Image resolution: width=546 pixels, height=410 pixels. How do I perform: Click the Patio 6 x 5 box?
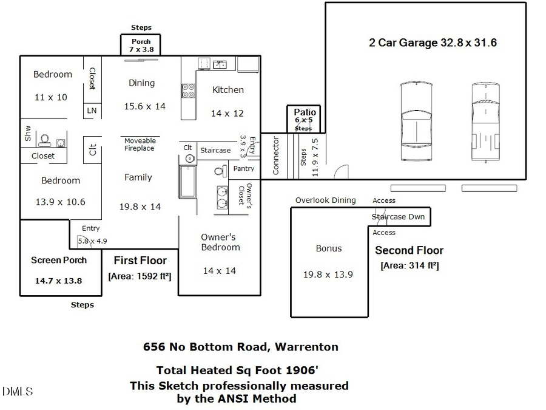(x=305, y=118)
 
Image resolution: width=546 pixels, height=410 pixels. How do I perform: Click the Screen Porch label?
(x=59, y=260)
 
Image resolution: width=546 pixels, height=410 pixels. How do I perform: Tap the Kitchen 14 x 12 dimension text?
(x=227, y=113)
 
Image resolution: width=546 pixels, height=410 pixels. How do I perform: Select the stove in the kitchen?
(x=188, y=91)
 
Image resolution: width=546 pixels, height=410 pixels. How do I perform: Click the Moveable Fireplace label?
(x=140, y=145)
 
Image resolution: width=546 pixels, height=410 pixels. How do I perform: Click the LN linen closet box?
(x=92, y=111)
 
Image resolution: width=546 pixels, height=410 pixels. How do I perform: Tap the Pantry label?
(x=243, y=168)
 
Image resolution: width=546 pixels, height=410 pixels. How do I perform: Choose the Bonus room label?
(x=328, y=248)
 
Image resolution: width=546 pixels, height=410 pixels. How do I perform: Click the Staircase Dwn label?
(x=398, y=216)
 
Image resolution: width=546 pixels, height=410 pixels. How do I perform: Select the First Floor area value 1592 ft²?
(x=140, y=276)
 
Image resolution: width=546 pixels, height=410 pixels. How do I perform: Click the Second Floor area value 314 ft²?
(x=409, y=265)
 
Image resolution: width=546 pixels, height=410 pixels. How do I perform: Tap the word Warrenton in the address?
(x=306, y=347)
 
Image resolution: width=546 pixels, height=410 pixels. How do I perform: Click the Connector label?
(x=276, y=155)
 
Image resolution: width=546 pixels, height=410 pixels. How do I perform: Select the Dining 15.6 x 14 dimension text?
(x=144, y=106)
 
